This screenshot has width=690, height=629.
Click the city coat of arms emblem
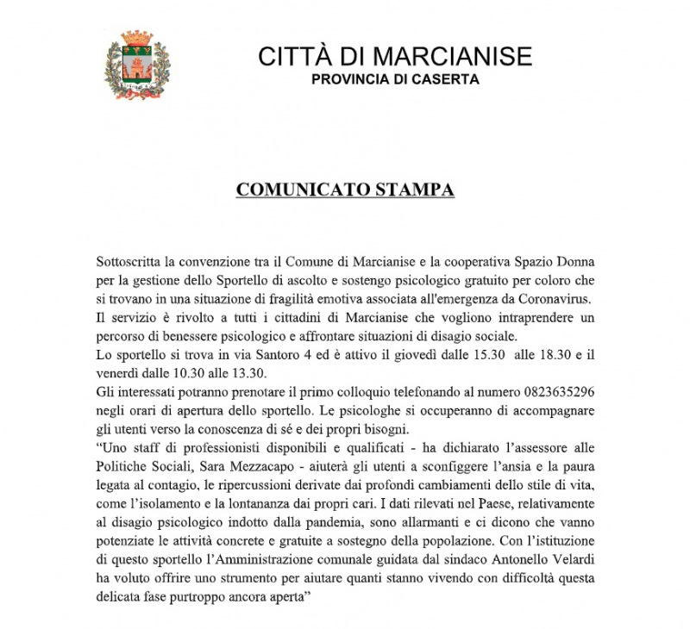[x=136, y=65]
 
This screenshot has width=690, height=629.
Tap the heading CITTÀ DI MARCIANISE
[x=395, y=57]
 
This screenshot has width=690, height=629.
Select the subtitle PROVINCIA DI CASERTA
[x=395, y=80]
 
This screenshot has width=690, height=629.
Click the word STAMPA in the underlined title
[x=412, y=190]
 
